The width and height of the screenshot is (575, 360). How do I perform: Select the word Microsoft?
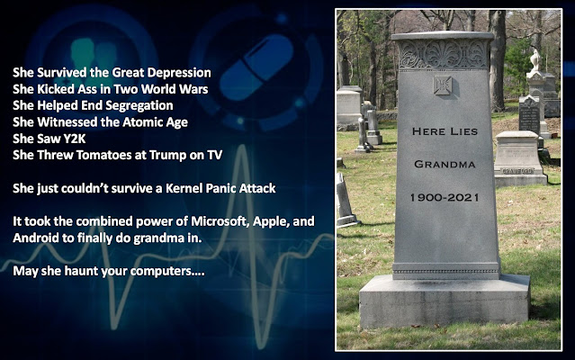(x=220, y=221)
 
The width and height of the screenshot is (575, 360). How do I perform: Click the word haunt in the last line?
(x=81, y=271)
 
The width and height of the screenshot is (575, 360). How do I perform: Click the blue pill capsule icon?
(x=256, y=67)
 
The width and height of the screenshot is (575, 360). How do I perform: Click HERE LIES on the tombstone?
(x=445, y=131)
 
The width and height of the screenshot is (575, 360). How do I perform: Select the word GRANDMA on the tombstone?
(x=445, y=164)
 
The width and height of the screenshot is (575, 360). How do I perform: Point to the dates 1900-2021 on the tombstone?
(x=445, y=198)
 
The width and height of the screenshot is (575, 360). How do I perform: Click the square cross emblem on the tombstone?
(x=443, y=85)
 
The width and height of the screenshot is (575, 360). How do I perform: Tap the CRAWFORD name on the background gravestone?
(x=517, y=171)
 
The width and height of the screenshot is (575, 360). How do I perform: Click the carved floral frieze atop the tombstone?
(x=444, y=54)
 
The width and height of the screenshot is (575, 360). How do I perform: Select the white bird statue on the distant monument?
(x=535, y=59)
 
